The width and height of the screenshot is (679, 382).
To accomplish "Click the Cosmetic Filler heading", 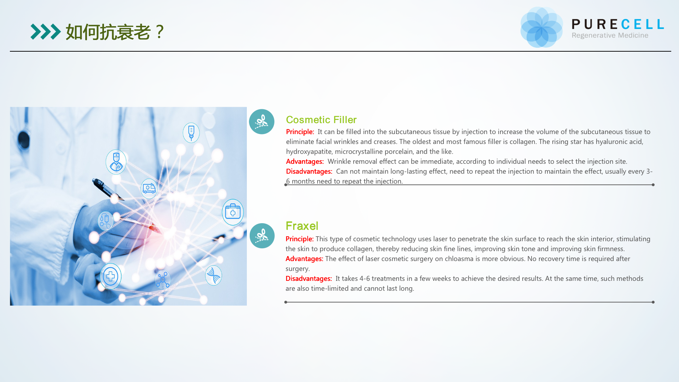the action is (x=321, y=120).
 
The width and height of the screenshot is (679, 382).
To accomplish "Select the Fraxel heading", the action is (x=302, y=226).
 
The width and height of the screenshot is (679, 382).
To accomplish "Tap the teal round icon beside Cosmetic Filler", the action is (x=262, y=122).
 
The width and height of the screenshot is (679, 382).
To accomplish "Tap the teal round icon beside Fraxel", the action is (x=262, y=236).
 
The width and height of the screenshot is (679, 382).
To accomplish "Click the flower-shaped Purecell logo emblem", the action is (x=541, y=27).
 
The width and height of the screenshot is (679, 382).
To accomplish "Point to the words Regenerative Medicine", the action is (x=610, y=35).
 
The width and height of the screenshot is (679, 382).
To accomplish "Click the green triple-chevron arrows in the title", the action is (x=46, y=32).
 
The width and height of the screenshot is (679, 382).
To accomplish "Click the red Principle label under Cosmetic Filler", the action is (x=300, y=132).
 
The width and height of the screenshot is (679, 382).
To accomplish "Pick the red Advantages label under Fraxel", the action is (x=304, y=259).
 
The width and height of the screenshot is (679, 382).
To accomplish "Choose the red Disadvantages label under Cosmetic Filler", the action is (x=309, y=171).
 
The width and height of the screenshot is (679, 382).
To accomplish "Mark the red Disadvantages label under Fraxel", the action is (x=309, y=278).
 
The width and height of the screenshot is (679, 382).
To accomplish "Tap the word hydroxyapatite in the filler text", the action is (x=309, y=151).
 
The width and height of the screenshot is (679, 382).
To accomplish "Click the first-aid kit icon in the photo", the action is (x=233, y=212).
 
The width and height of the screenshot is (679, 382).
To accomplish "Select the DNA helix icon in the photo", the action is (x=214, y=275).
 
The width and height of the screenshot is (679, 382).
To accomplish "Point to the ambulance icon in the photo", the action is (x=149, y=189).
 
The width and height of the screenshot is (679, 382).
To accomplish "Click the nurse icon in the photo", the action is (x=116, y=162).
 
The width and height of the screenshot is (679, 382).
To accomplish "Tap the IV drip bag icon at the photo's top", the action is (x=191, y=133).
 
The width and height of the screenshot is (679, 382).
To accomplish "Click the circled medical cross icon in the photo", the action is (x=111, y=276).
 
